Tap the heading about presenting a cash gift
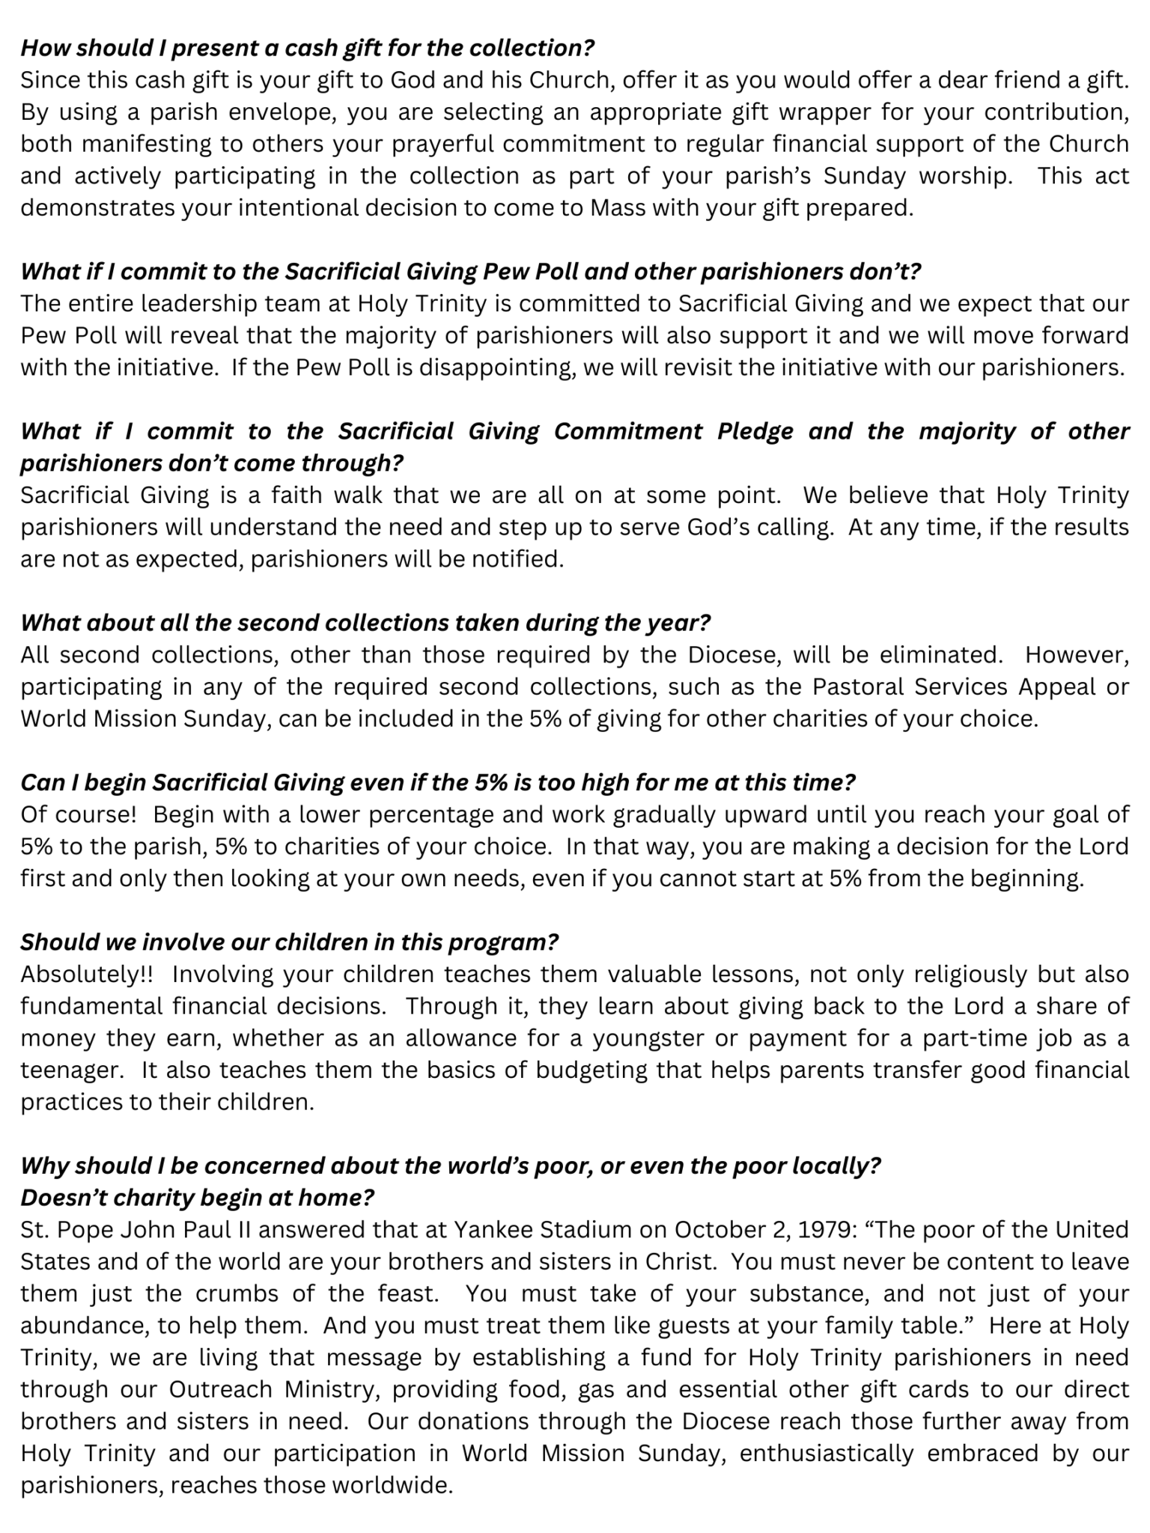click(x=307, y=48)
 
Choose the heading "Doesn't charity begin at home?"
click(x=197, y=1198)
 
